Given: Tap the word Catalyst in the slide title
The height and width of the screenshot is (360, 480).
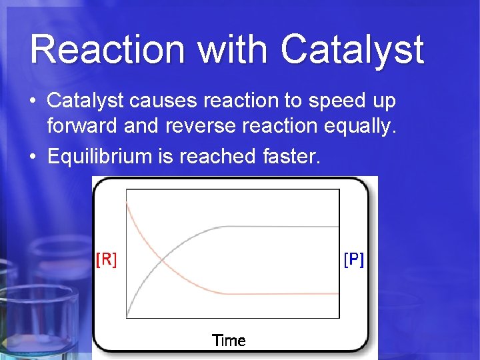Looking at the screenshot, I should point(352,50).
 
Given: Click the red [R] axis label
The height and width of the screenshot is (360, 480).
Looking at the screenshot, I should point(106,259).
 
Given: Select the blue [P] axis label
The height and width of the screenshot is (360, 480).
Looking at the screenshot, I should point(354,259).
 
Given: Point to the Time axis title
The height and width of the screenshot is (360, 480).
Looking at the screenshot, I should point(229,341).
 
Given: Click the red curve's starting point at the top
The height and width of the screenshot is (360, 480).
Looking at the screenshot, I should point(127,202).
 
